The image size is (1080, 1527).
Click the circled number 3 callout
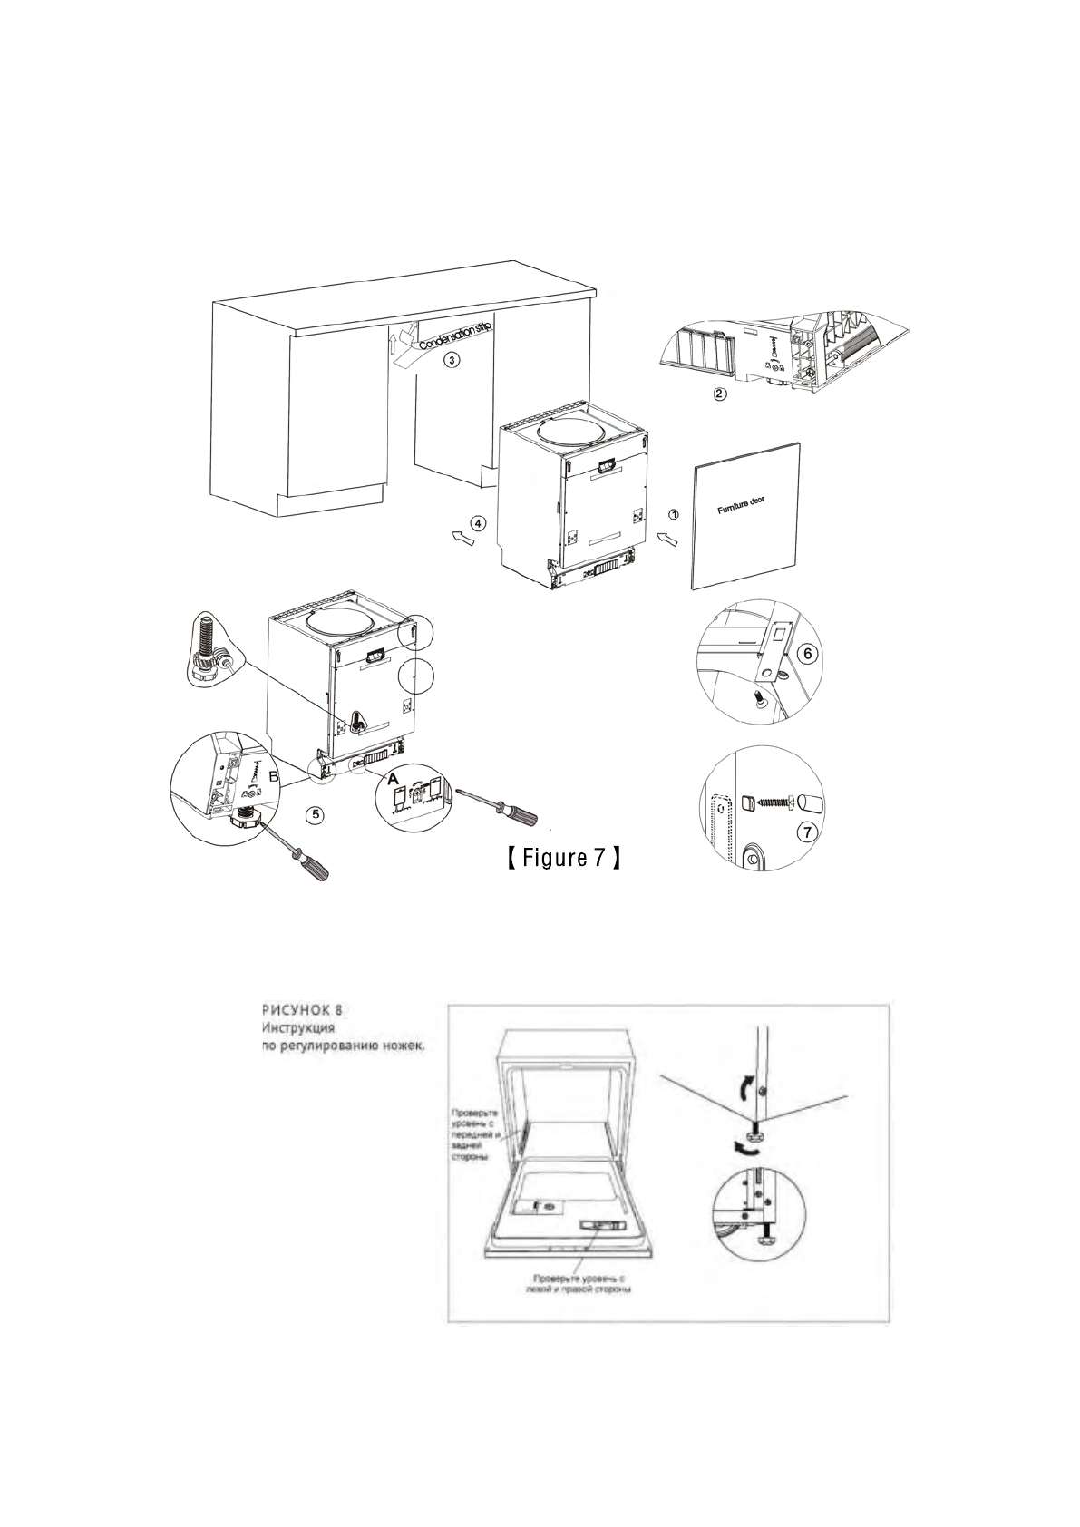(451, 358)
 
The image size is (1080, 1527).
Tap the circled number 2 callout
(718, 394)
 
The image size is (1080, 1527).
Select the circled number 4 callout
(479, 523)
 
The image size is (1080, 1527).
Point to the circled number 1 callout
(674, 514)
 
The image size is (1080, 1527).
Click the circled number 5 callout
(315, 814)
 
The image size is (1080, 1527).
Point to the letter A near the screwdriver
(392, 777)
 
